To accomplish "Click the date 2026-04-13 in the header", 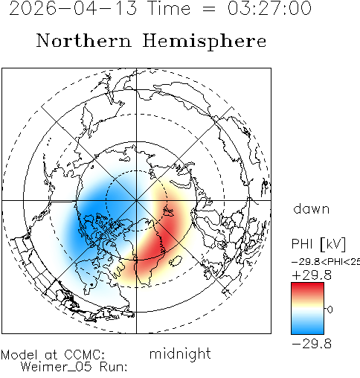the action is [73, 8].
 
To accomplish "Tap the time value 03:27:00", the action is [269, 8].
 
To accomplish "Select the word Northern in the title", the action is [84, 40].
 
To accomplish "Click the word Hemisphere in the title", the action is [205, 42].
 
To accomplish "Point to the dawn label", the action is [312, 209].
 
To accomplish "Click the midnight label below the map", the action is [180, 354].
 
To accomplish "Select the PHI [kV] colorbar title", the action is [318, 244].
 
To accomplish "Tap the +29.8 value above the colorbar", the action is [312, 275].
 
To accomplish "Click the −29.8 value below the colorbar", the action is [312, 344].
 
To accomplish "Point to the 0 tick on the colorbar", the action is [330, 310].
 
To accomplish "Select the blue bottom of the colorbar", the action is [307, 328].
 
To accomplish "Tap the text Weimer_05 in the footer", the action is [57, 367].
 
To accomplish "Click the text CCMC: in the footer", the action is [84, 355].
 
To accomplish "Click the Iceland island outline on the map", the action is [176, 261].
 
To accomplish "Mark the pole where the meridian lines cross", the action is [136, 200].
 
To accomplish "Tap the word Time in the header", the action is [169, 8].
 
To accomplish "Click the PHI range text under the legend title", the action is [326, 262].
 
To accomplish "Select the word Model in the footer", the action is [19, 355].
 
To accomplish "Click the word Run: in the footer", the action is [114, 367].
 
